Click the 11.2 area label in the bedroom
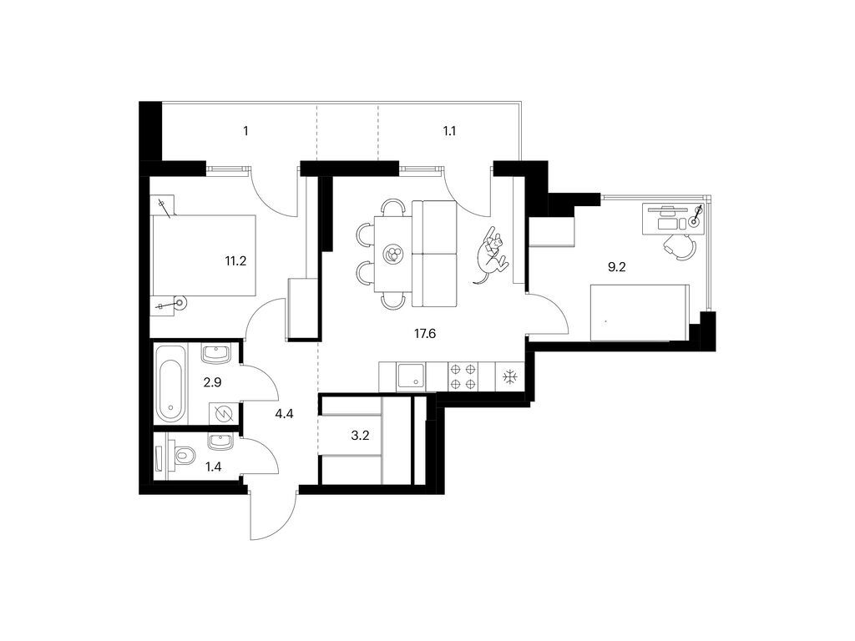pyautogui.click(x=235, y=260)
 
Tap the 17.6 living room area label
pyautogui.click(x=424, y=333)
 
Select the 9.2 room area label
pyautogui.click(x=616, y=267)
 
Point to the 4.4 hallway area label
pyautogui.click(x=285, y=411)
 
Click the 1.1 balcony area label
pyautogui.click(x=452, y=131)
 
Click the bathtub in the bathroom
pyautogui.click(x=169, y=385)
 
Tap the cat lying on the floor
pyautogui.click(x=493, y=254)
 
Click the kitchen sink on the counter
pyautogui.click(x=412, y=376)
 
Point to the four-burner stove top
pyautogui.click(x=463, y=376)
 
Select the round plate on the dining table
pyautogui.click(x=392, y=254)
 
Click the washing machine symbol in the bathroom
pyautogui.click(x=222, y=414)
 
